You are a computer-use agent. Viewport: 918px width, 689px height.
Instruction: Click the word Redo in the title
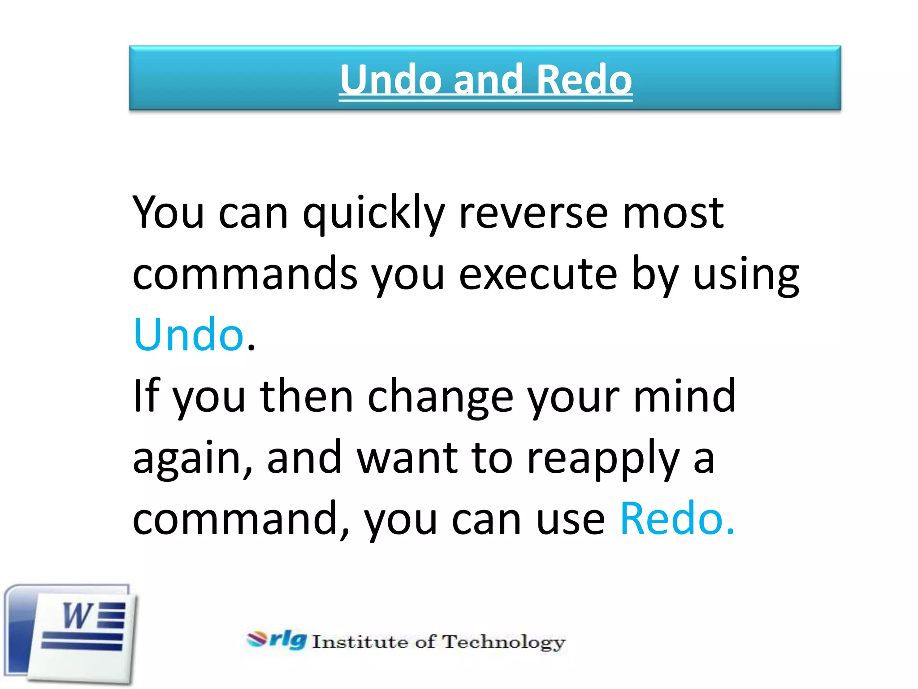[x=584, y=79]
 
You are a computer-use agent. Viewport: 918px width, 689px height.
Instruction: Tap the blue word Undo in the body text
[x=189, y=334]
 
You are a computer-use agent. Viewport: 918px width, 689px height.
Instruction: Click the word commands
[x=245, y=274]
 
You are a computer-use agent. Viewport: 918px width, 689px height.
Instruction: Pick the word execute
[x=538, y=274]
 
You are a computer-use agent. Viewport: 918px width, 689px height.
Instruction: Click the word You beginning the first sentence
[x=169, y=213]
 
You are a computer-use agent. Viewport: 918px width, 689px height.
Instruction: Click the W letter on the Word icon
[x=77, y=615]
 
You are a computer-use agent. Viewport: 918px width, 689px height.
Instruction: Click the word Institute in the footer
[x=360, y=642]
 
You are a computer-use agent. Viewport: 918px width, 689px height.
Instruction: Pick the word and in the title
[x=488, y=79]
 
